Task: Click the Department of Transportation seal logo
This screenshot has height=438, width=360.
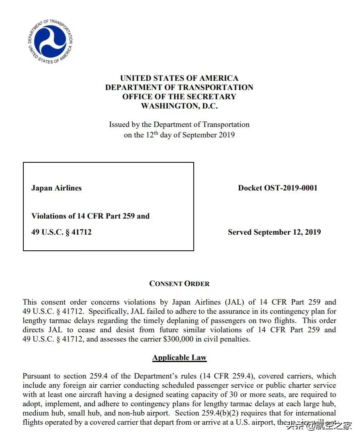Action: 51,41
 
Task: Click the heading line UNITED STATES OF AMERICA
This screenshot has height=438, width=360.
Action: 179,78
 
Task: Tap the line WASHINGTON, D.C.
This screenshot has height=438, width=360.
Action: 179,106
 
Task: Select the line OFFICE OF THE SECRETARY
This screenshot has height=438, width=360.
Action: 179,97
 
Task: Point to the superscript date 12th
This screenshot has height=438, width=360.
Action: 149,134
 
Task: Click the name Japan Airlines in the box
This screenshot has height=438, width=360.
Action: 56,188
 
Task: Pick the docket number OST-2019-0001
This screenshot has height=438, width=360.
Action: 290,188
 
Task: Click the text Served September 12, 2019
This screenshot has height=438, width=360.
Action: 274,232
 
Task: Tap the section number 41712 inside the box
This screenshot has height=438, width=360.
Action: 82,232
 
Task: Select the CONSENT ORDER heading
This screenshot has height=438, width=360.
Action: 179,284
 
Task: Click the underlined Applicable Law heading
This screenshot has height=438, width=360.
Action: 179,358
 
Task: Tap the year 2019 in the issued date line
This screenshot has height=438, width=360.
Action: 226,135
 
